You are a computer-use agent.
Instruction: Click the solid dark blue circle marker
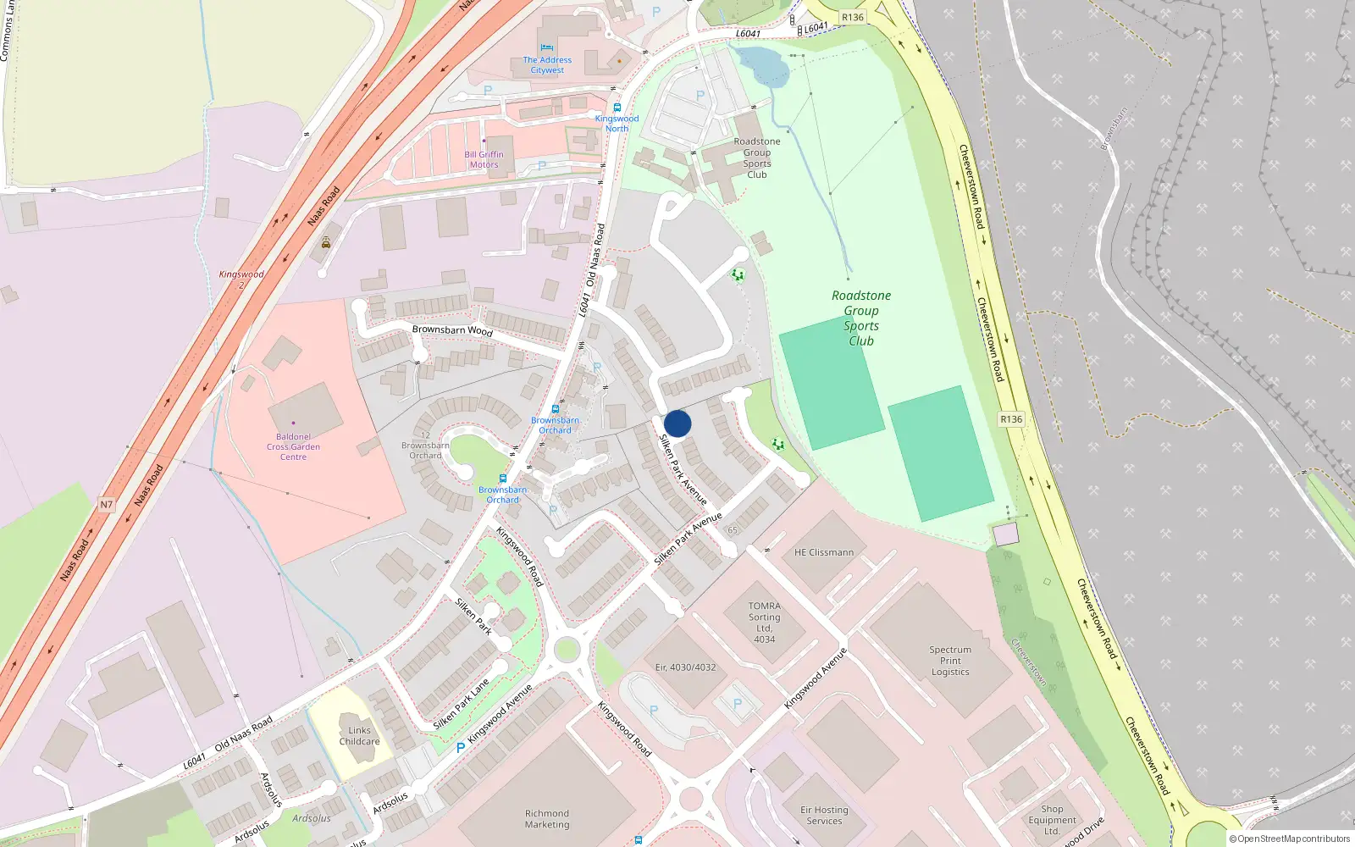tap(677, 423)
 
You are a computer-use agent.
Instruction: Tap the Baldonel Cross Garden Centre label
tap(293, 446)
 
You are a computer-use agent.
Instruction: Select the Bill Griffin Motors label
tap(484, 159)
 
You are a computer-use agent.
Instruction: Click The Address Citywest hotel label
tap(547, 64)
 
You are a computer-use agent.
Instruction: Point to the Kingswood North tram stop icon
tap(617, 108)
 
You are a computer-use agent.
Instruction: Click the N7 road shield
tap(106, 505)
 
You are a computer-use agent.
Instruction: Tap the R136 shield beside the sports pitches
tap(1011, 419)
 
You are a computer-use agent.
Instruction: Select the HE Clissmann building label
tap(824, 552)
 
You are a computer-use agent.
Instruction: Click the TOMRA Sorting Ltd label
tap(764, 623)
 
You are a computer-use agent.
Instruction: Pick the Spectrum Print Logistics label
tap(950, 661)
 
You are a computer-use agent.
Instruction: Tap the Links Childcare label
tap(359, 735)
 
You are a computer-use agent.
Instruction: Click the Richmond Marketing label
tap(547, 818)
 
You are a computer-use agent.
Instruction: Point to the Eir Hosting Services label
tap(824, 815)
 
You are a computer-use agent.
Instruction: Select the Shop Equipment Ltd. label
tap(1052, 820)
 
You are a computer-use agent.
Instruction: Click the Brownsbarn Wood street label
tap(452, 330)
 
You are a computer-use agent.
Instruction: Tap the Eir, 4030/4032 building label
tap(685, 667)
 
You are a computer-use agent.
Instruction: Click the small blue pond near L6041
tap(760, 64)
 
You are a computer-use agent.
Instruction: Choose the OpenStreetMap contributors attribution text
tap(1289, 839)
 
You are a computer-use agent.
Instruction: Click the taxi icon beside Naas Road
tap(326, 242)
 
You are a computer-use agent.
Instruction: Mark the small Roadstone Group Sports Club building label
tap(757, 158)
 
